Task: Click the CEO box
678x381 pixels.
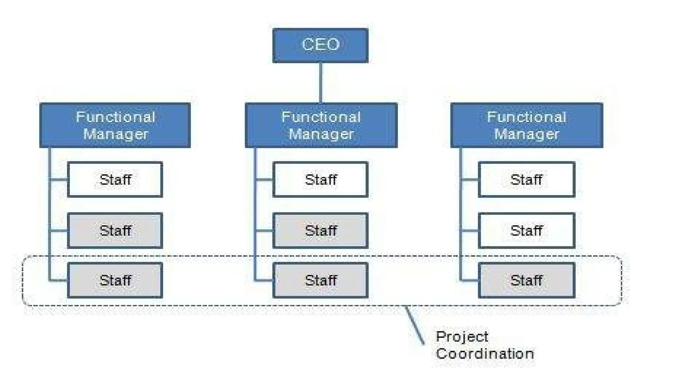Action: [x=320, y=45]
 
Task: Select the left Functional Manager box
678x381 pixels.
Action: [x=115, y=125]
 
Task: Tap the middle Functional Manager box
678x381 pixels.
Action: [x=321, y=125]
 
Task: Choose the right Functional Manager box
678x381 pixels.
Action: [x=526, y=125]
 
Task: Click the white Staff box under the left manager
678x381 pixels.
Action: [x=115, y=180]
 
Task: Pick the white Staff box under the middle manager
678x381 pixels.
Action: [x=320, y=180]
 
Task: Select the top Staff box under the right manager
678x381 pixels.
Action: [x=526, y=180]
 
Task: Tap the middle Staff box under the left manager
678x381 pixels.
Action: [x=115, y=231]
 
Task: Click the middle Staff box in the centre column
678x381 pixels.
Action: [x=320, y=231]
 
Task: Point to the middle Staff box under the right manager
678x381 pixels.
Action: [x=526, y=231]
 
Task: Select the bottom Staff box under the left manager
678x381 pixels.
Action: [x=115, y=280]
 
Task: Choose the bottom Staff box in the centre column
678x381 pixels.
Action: [x=320, y=280]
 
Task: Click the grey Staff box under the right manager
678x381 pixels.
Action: [x=526, y=280]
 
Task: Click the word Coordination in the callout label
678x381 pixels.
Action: [x=485, y=354]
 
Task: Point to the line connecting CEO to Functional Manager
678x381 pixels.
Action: [x=320, y=83]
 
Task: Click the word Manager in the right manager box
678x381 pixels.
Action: [x=526, y=134]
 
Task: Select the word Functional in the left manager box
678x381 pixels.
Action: [x=115, y=117]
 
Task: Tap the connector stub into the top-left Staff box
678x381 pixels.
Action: [x=59, y=180]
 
